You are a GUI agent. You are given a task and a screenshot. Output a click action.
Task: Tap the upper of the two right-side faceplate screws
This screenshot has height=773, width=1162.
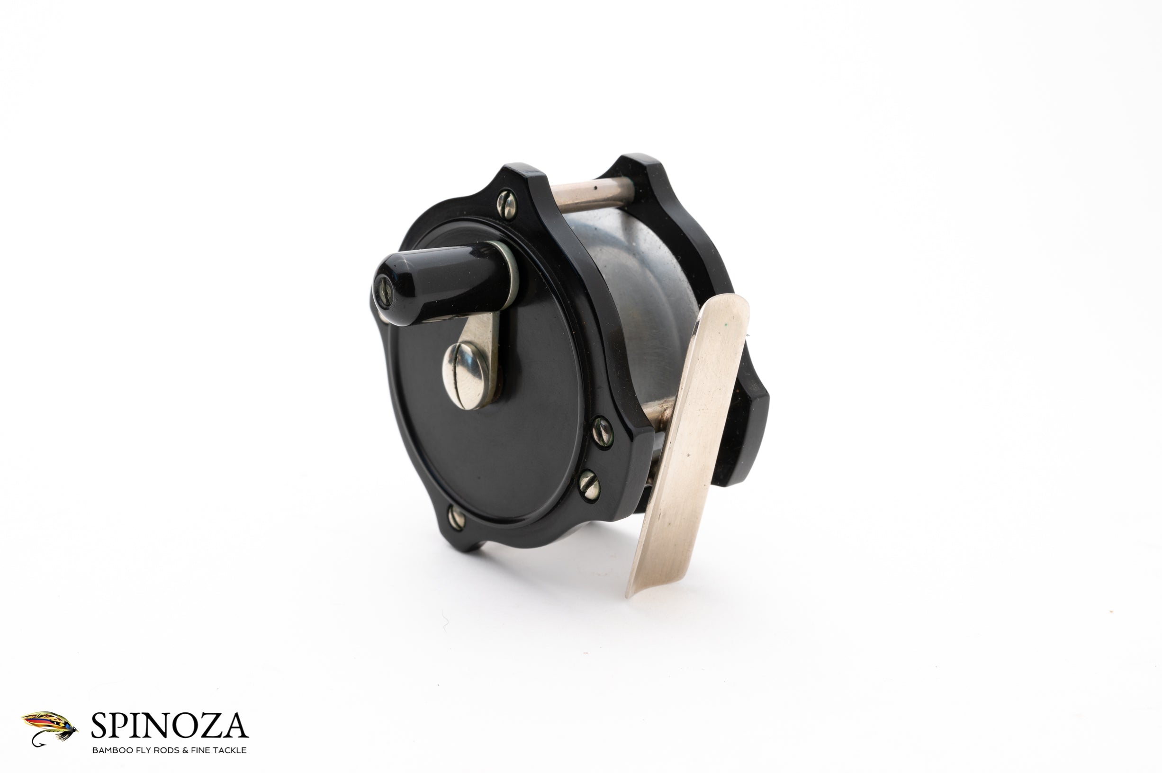pyautogui.click(x=602, y=433)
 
